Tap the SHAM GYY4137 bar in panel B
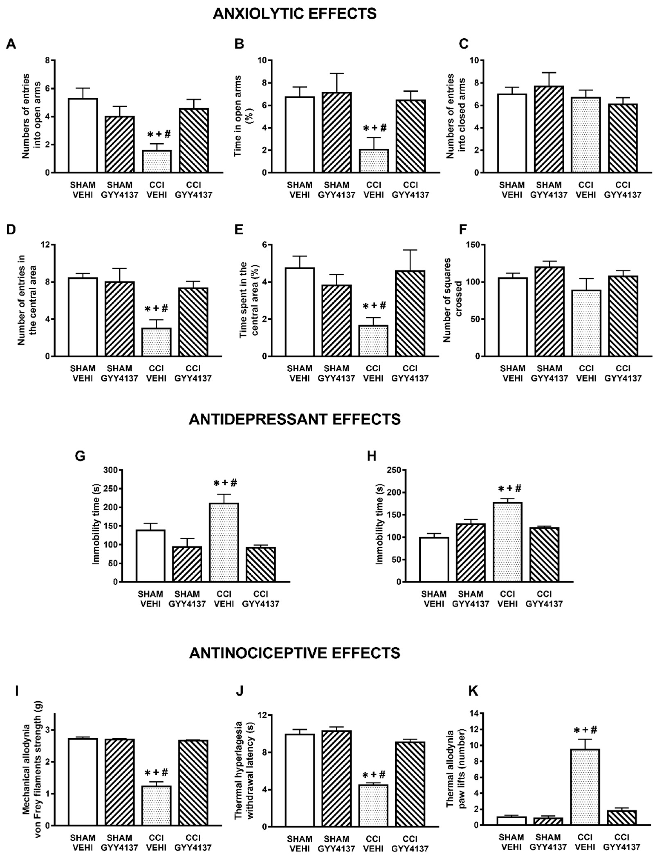[x=337, y=132]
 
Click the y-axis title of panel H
[x=379, y=526]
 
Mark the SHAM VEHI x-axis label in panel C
[x=512, y=190]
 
